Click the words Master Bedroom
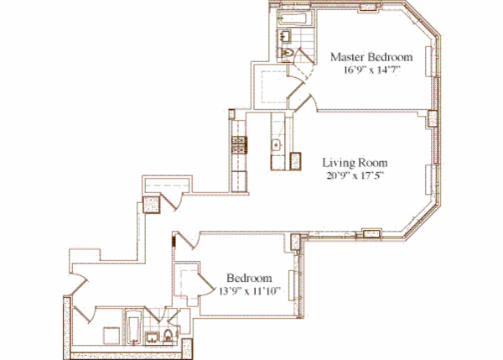tap(371, 57)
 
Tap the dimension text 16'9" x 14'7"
tap(371, 70)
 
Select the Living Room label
tap(355, 161)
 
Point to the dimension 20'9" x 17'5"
tap(355, 175)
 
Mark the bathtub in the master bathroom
tap(295, 18)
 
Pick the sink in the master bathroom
tap(285, 36)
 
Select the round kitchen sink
tap(275, 146)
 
